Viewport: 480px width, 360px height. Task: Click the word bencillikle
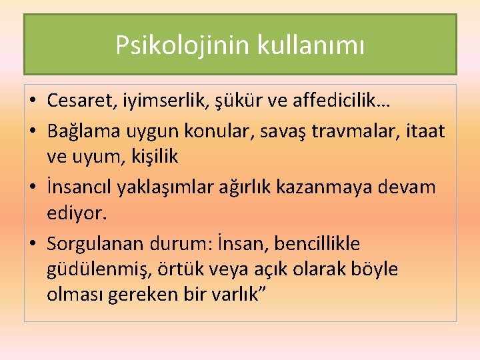coord(321,243)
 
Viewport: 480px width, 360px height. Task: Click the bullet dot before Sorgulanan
coord(32,243)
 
